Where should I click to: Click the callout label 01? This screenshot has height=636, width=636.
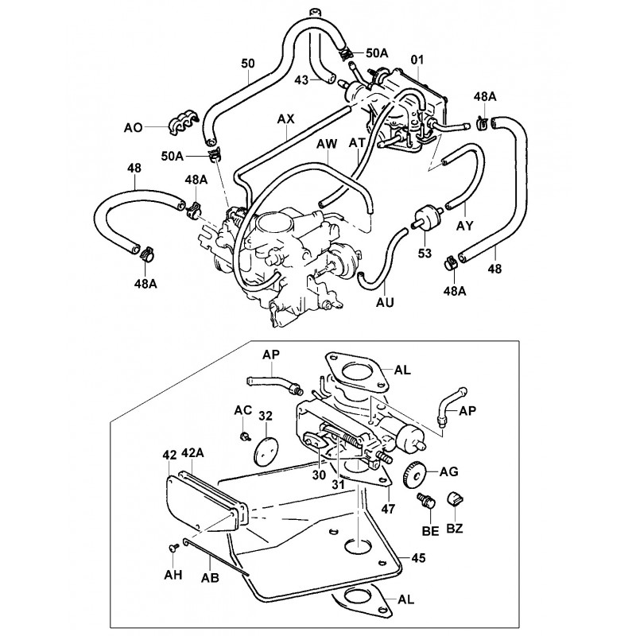coord(417,60)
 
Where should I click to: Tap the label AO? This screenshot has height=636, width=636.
coord(134,127)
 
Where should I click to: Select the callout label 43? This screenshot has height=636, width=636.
coord(301,79)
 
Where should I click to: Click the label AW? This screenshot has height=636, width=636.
coord(327,144)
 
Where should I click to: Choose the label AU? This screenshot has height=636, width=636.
coord(385,302)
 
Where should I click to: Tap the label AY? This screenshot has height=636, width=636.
coord(464,226)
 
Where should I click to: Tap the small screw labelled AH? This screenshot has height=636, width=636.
coord(173,549)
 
